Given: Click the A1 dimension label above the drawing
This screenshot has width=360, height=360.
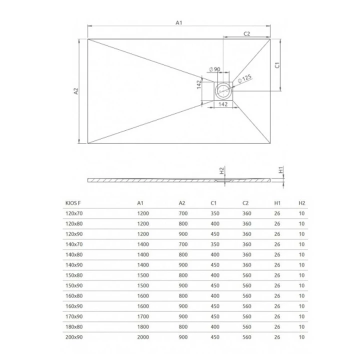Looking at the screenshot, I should [178, 22].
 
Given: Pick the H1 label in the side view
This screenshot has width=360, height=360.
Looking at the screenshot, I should [281, 170].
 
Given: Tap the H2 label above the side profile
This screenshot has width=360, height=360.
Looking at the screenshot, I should [222, 170].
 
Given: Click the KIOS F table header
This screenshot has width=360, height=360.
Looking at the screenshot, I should [74, 203].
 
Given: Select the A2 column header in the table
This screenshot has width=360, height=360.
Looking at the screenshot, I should [182, 203].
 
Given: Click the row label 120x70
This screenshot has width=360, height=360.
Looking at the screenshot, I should [74, 213].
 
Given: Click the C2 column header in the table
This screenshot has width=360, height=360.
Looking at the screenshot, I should [246, 203].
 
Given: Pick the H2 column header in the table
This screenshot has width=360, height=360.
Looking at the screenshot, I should [301, 203].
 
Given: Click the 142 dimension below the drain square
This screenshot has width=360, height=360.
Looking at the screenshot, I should [223, 104].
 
